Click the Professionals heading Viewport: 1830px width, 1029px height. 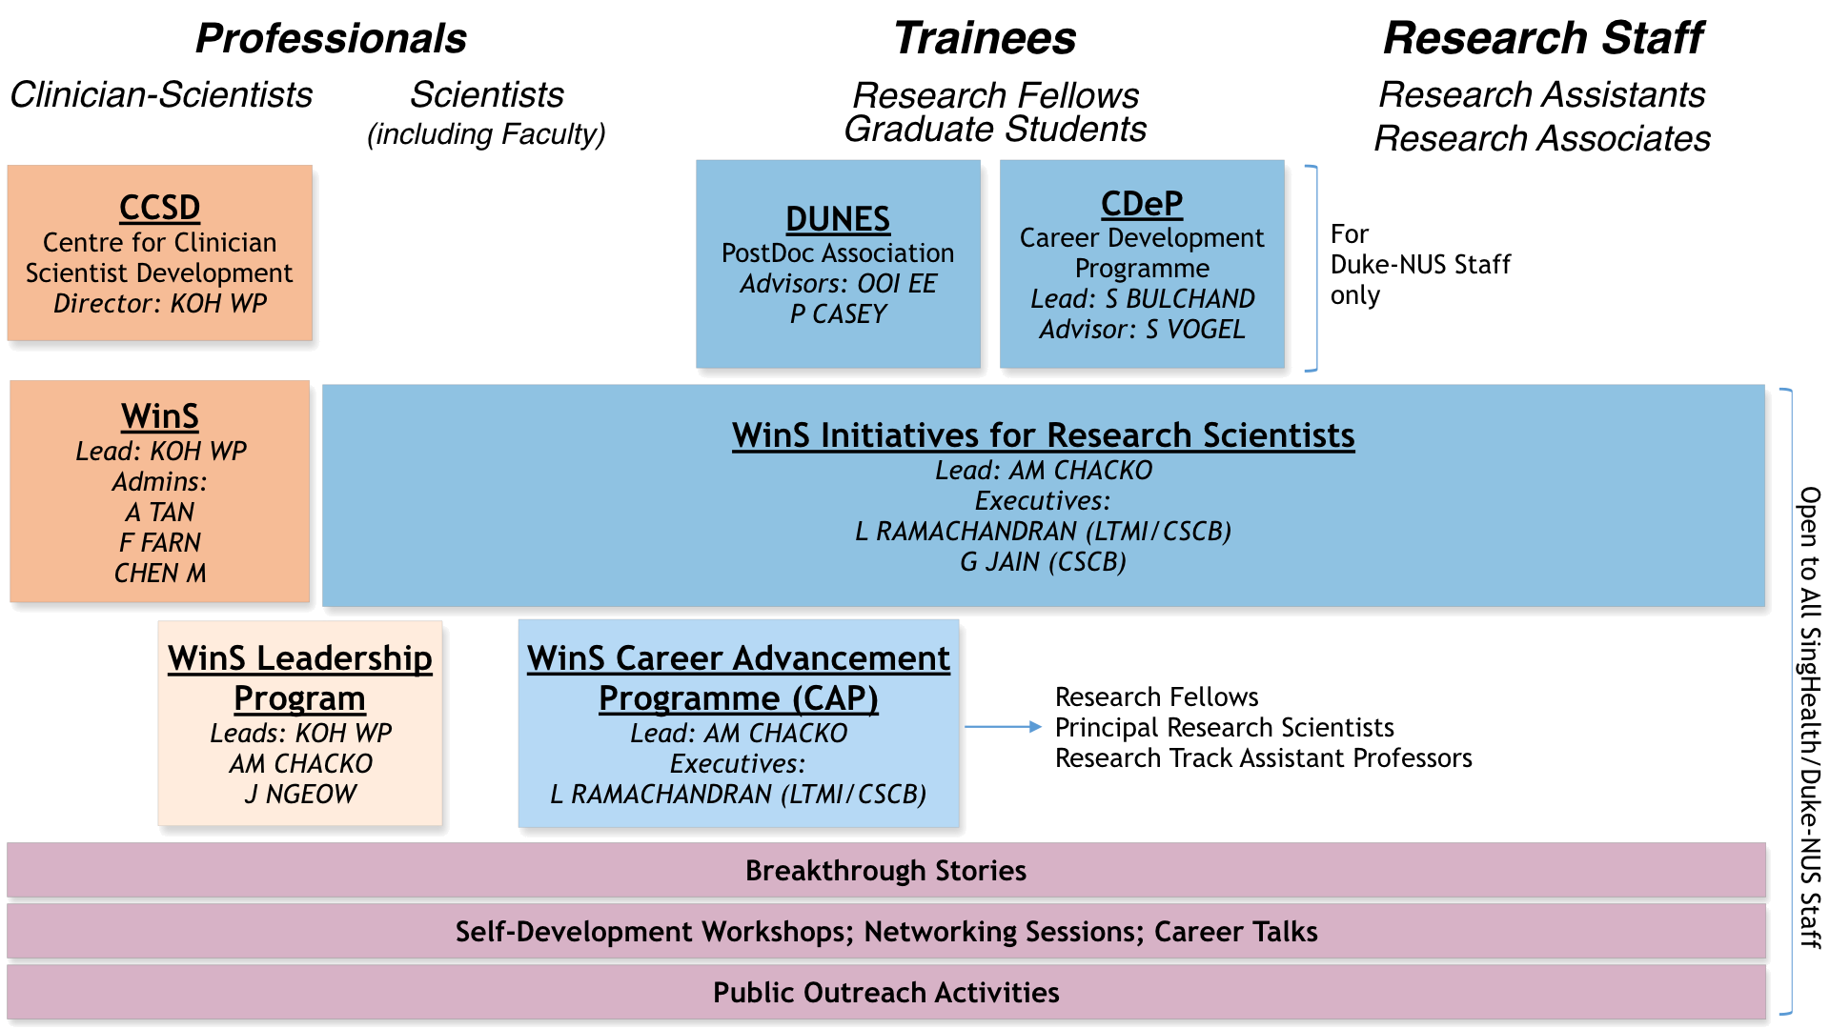pyautogui.click(x=331, y=39)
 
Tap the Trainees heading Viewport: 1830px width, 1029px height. pyautogui.click(x=985, y=39)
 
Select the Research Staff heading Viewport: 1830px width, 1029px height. pyautogui.click(x=1542, y=39)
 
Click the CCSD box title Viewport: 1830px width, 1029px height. pyautogui.click(x=159, y=207)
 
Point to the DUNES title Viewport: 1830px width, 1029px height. pyautogui.click(x=837, y=219)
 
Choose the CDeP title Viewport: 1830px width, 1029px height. pyautogui.click(x=1141, y=204)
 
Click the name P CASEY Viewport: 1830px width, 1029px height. pyautogui.click(x=838, y=313)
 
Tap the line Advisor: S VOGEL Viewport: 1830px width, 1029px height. pyautogui.click(x=1141, y=330)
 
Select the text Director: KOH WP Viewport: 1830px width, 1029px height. pyautogui.click(x=159, y=304)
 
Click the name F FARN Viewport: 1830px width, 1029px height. pyautogui.click(x=159, y=543)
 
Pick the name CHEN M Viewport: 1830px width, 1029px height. pyautogui.click(x=159, y=574)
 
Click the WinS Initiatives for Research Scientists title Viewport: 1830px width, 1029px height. pyautogui.click(x=1043, y=435)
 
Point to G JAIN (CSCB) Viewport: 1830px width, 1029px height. pyautogui.click(x=1043, y=562)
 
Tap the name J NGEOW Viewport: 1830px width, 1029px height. pyautogui.click(x=299, y=795)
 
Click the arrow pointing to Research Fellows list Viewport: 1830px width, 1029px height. pyautogui.click(x=1003, y=727)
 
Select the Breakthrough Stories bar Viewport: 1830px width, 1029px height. pyautogui.click(x=885, y=871)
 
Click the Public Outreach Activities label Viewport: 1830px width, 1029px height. pyautogui.click(x=885, y=993)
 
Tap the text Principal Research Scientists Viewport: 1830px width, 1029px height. pyautogui.click(x=1224, y=728)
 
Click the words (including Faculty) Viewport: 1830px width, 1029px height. pyautogui.click(x=486, y=134)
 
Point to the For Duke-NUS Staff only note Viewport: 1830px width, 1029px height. pyautogui.click(x=1419, y=265)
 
